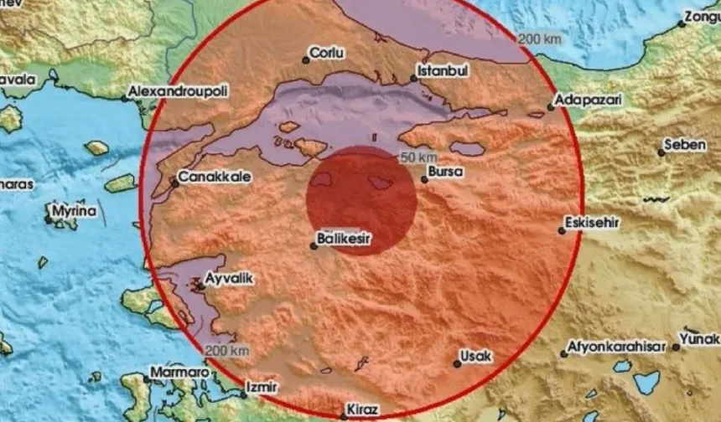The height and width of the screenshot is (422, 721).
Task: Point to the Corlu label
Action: [327, 53]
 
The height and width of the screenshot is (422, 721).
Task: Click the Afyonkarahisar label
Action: [615, 346]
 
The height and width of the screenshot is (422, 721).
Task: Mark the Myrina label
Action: [75, 213]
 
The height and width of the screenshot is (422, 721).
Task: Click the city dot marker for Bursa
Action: [424, 178]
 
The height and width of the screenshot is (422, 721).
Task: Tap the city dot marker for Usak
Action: [457, 363]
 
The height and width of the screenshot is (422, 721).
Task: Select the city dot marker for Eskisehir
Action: [562, 231]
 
